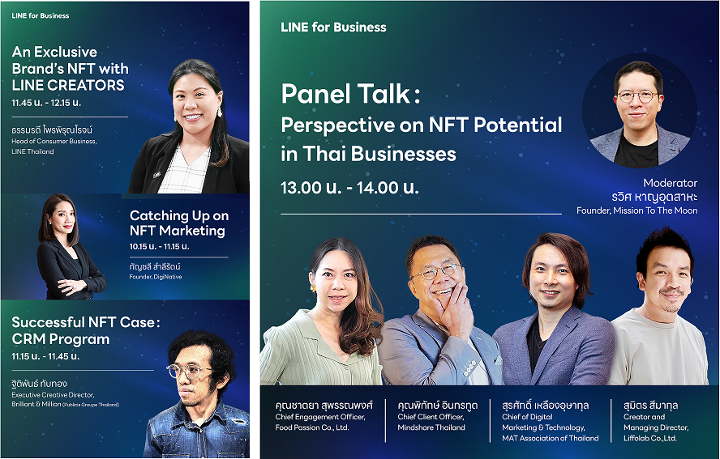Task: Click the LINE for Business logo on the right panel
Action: tap(333, 27)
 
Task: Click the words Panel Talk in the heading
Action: tap(346, 95)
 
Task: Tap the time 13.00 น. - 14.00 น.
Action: tap(349, 188)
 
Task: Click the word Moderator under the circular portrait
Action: tap(670, 183)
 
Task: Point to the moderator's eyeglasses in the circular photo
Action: tap(636, 96)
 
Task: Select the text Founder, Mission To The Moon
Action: tap(636, 210)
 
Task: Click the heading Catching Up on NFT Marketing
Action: tap(179, 223)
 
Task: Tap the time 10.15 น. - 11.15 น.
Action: tap(159, 246)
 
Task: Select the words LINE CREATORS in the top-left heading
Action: tap(68, 85)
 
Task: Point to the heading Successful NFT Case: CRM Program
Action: tap(85, 330)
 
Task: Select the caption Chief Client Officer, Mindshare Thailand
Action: tap(431, 422)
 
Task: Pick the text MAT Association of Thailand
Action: tap(551, 438)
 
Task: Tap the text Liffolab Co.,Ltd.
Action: tap(649, 438)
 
